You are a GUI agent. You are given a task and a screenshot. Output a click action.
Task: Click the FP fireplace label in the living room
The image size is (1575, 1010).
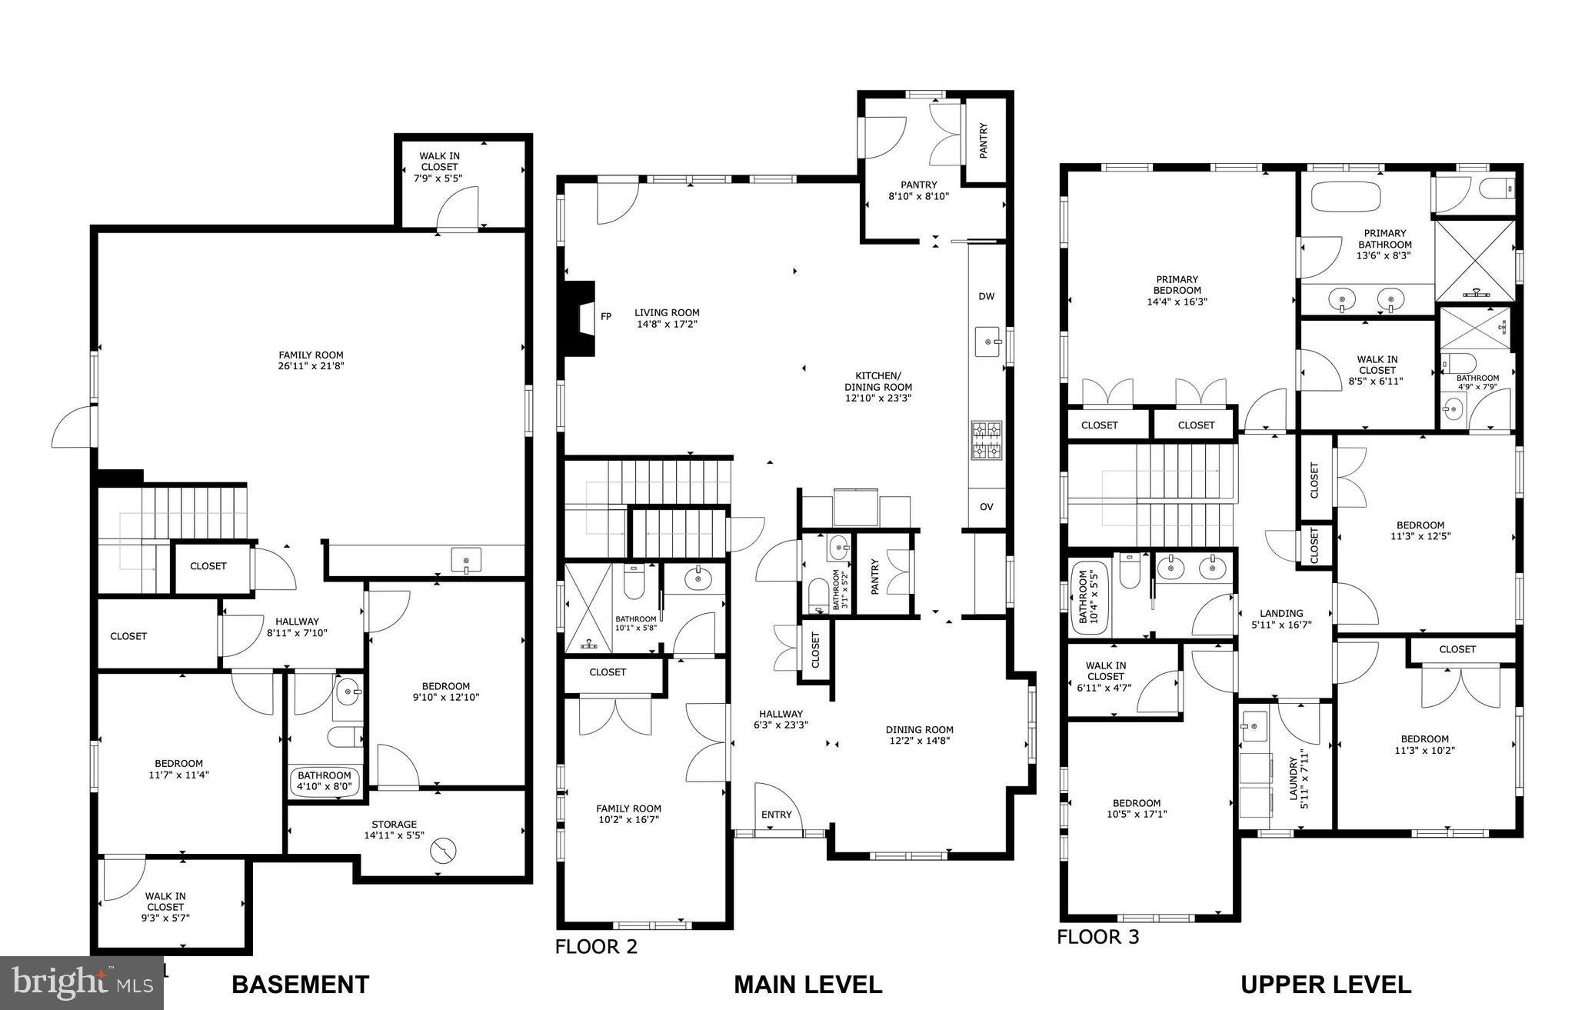pos(606,316)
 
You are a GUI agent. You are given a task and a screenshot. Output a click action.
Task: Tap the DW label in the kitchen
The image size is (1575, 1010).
pos(987,296)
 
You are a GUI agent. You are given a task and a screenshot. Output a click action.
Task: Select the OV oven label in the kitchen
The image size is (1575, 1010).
pos(987,507)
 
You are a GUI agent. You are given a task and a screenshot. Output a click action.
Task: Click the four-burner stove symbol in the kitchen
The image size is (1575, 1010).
pos(987,440)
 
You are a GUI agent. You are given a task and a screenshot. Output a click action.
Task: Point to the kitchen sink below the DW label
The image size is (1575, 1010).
pos(988,341)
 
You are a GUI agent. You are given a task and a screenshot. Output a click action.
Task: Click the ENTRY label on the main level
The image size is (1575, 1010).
pos(776,815)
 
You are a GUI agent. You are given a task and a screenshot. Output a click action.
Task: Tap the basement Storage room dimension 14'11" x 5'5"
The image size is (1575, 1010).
pos(394,835)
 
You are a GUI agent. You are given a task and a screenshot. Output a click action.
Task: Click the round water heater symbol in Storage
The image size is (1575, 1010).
pos(444,851)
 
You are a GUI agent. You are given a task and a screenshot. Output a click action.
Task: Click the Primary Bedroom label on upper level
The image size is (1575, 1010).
pos(1177,291)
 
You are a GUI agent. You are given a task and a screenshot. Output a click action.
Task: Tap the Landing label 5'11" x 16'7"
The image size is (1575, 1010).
pos(1281,618)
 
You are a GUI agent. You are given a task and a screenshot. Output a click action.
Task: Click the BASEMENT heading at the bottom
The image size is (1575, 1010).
pos(300,985)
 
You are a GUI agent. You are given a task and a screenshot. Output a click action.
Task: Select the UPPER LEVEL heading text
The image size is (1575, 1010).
pos(1325,985)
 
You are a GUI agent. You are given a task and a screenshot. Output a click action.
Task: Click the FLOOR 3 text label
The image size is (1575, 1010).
pos(1097,937)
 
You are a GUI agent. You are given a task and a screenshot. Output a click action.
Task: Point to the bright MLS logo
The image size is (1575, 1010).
pos(80,982)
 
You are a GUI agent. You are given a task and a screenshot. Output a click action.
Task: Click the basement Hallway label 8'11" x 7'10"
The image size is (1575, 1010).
pos(292,627)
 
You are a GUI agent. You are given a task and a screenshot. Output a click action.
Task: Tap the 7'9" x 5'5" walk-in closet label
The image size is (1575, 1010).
pos(439,167)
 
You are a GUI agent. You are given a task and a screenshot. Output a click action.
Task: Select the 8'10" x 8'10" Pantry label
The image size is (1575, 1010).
pos(919,190)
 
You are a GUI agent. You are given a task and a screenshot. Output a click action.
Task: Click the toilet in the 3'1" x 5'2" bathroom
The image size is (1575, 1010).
pos(817,595)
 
